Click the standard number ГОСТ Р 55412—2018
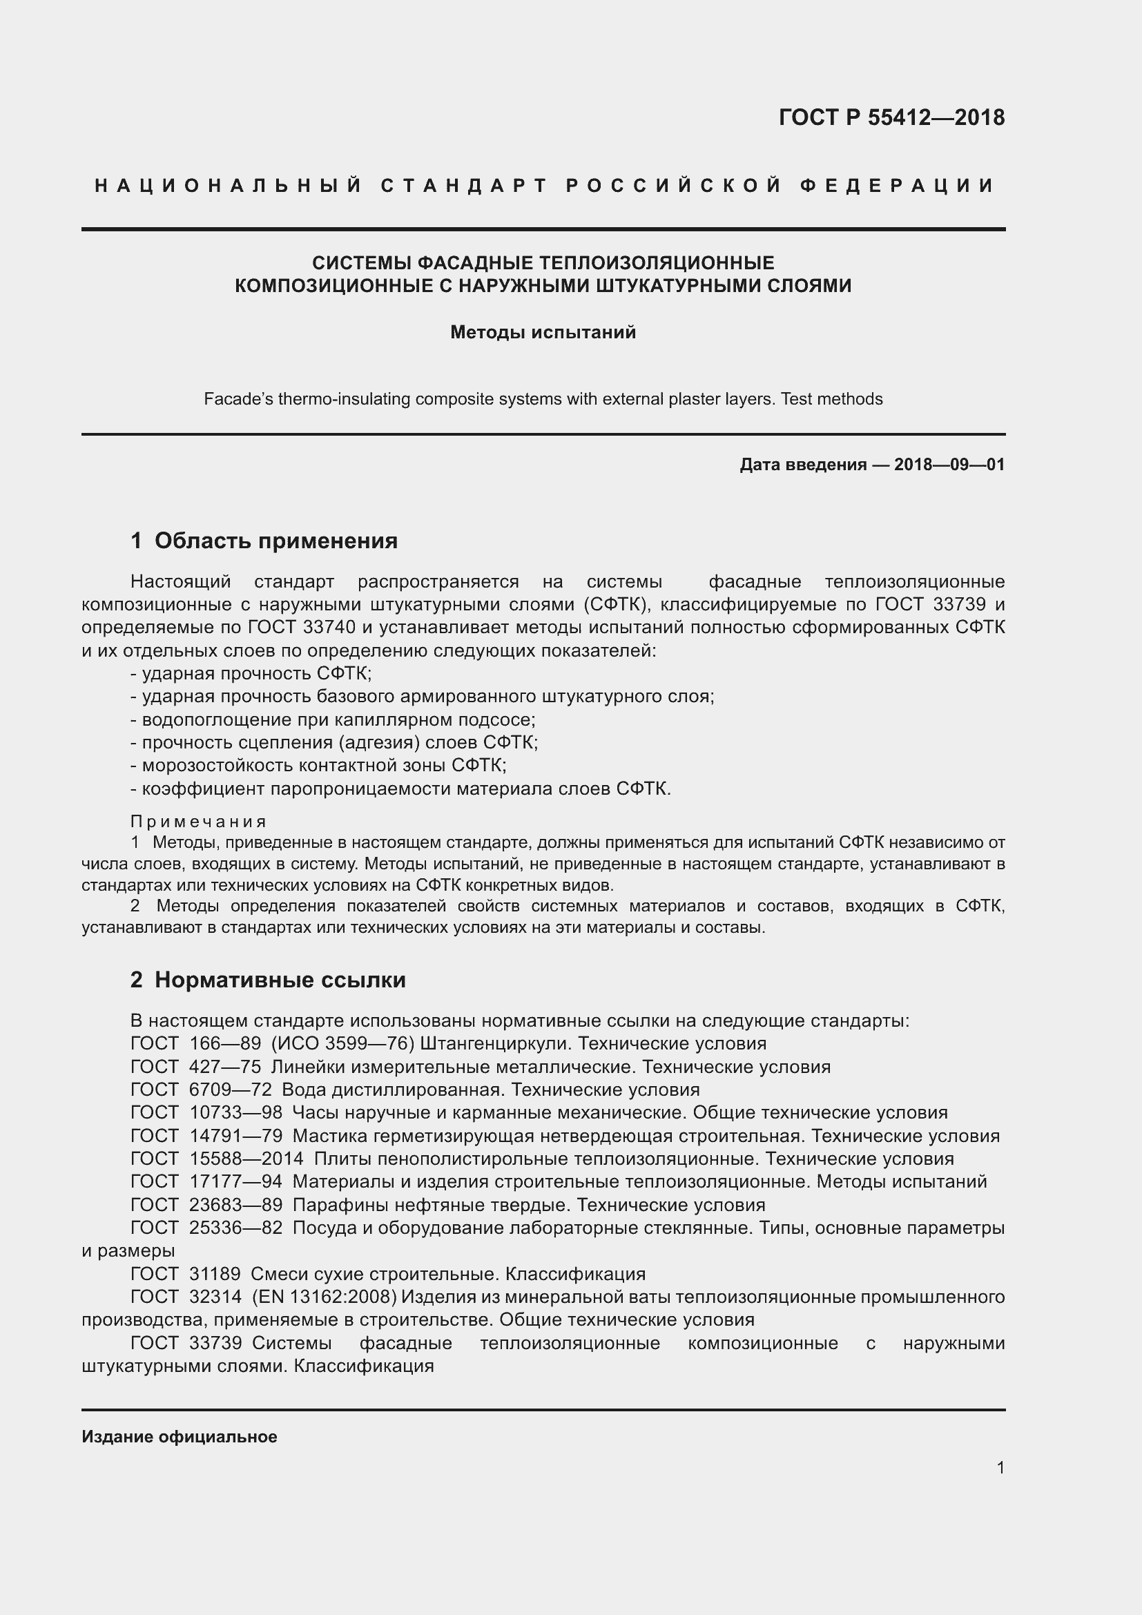(891, 117)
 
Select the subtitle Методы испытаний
(543, 332)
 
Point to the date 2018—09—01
(949, 465)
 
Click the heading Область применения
(275, 541)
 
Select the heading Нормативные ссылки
(280, 980)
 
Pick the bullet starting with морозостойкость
(318, 765)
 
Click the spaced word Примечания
(198, 822)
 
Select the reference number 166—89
(225, 1044)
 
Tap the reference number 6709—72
(230, 1090)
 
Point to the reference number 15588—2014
(246, 1159)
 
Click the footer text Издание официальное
(180, 1437)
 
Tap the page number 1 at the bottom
(1000, 1468)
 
